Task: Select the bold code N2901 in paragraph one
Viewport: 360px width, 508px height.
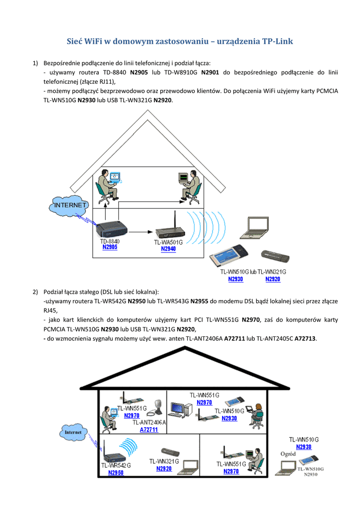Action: (210, 72)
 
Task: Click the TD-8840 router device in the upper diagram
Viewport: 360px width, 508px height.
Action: (112, 229)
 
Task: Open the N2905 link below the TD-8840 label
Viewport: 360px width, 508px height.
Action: (110, 247)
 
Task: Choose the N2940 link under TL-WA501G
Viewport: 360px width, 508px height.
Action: (168, 249)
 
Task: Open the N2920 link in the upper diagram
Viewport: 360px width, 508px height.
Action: (273, 279)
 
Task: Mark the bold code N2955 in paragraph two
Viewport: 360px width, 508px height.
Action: (199, 301)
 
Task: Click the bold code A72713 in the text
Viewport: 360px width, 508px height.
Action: (305, 338)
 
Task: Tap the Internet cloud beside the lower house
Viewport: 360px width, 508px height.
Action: (73, 432)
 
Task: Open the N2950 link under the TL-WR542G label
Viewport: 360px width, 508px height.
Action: (116, 473)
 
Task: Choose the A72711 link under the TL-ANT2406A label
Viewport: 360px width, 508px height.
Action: (148, 430)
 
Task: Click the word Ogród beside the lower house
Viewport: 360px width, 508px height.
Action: (288, 454)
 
